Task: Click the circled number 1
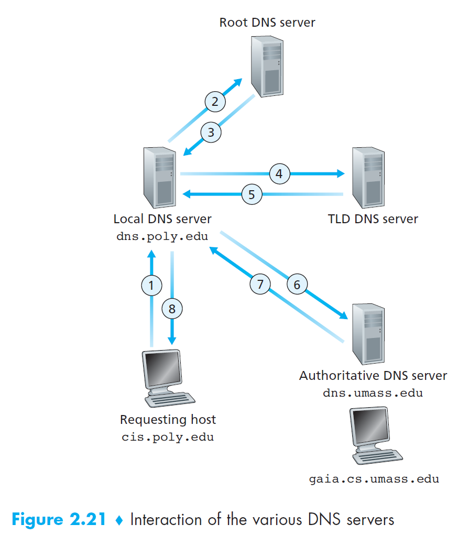tap(151, 285)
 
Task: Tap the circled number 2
tap(215, 102)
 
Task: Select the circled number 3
tap(211, 132)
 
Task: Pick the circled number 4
tap(279, 173)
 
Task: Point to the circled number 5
tap(252, 194)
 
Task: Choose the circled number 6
tap(297, 284)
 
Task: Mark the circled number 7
tap(260, 284)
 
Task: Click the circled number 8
tap(172, 309)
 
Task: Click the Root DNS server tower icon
tap(267, 67)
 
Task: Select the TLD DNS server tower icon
tap(368, 178)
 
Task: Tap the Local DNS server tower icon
tap(160, 178)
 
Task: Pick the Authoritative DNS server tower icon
tap(368, 334)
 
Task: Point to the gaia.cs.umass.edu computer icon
tap(376, 435)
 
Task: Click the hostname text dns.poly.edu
tap(162, 236)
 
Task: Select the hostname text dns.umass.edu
tap(373, 392)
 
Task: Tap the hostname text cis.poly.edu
tap(168, 437)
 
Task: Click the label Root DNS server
tap(267, 23)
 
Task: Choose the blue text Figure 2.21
tap(59, 520)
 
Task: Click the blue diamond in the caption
tap(119, 520)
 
